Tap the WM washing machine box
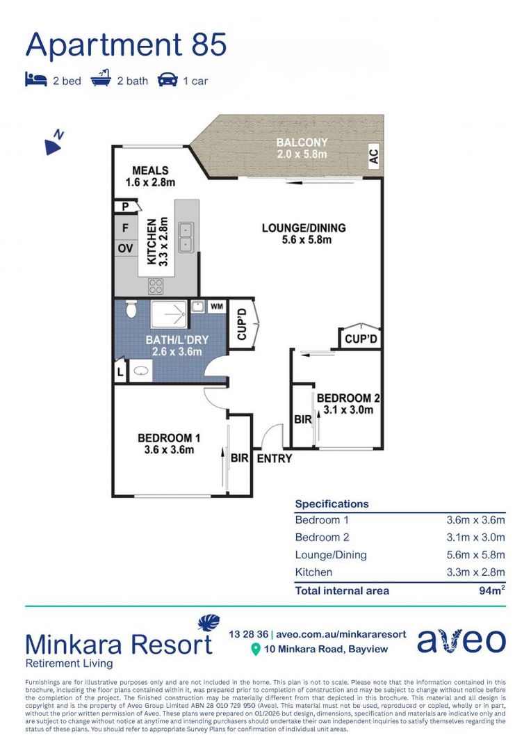click(x=216, y=307)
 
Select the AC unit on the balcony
click(x=373, y=156)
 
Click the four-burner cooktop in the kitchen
click(x=156, y=286)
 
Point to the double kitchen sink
click(x=186, y=238)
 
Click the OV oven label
click(x=125, y=248)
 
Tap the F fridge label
click(x=125, y=228)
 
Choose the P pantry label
click(x=125, y=207)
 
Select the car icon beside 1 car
click(x=168, y=79)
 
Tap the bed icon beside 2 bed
click(x=36, y=79)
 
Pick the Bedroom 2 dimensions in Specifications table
click(x=475, y=538)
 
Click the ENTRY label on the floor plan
click(x=275, y=459)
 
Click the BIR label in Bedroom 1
click(x=239, y=458)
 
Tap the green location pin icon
click(x=256, y=649)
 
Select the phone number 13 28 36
click(x=249, y=634)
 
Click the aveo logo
click(x=461, y=641)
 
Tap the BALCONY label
click(x=302, y=143)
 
